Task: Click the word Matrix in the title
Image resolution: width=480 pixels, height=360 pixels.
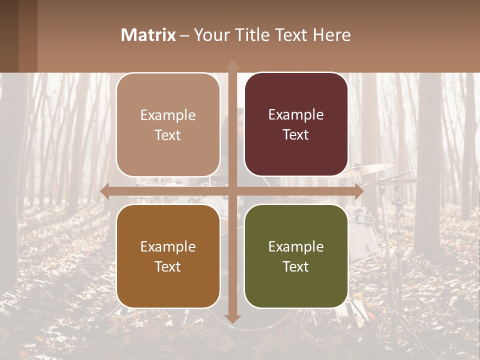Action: point(148,35)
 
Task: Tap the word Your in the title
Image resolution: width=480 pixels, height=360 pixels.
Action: point(210,35)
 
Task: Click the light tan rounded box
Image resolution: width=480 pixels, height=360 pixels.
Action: point(168,124)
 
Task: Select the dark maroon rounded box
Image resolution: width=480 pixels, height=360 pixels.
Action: point(296,124)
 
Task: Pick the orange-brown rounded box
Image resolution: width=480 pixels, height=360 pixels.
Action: point(168,256)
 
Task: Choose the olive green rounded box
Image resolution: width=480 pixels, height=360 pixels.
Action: point(296,256)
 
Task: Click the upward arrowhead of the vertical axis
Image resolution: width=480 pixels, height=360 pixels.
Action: point(232,65)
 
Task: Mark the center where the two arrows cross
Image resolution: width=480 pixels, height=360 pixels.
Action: point(232,191)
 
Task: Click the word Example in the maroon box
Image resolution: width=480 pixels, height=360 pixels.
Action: point(296,114)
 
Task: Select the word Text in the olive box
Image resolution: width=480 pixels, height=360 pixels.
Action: point(296,266)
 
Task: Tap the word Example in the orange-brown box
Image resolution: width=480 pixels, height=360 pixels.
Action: point(168,246)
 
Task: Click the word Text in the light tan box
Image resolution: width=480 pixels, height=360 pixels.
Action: point(168,135)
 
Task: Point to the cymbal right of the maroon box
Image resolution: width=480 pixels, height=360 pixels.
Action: point(372,168)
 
